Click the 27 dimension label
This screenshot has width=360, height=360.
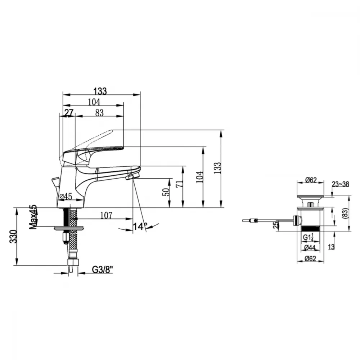[x=69, y=113]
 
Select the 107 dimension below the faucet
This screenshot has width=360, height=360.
[x=106, y=215]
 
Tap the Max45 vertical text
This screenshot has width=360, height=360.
[x=33, y=217]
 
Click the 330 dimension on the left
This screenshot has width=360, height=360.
[x=14, y=237]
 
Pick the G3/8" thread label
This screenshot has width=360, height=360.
[x=103, y=270]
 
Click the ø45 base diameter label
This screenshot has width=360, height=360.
[x=66, y=196]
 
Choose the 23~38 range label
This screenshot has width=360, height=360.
[x=340, y=184]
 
